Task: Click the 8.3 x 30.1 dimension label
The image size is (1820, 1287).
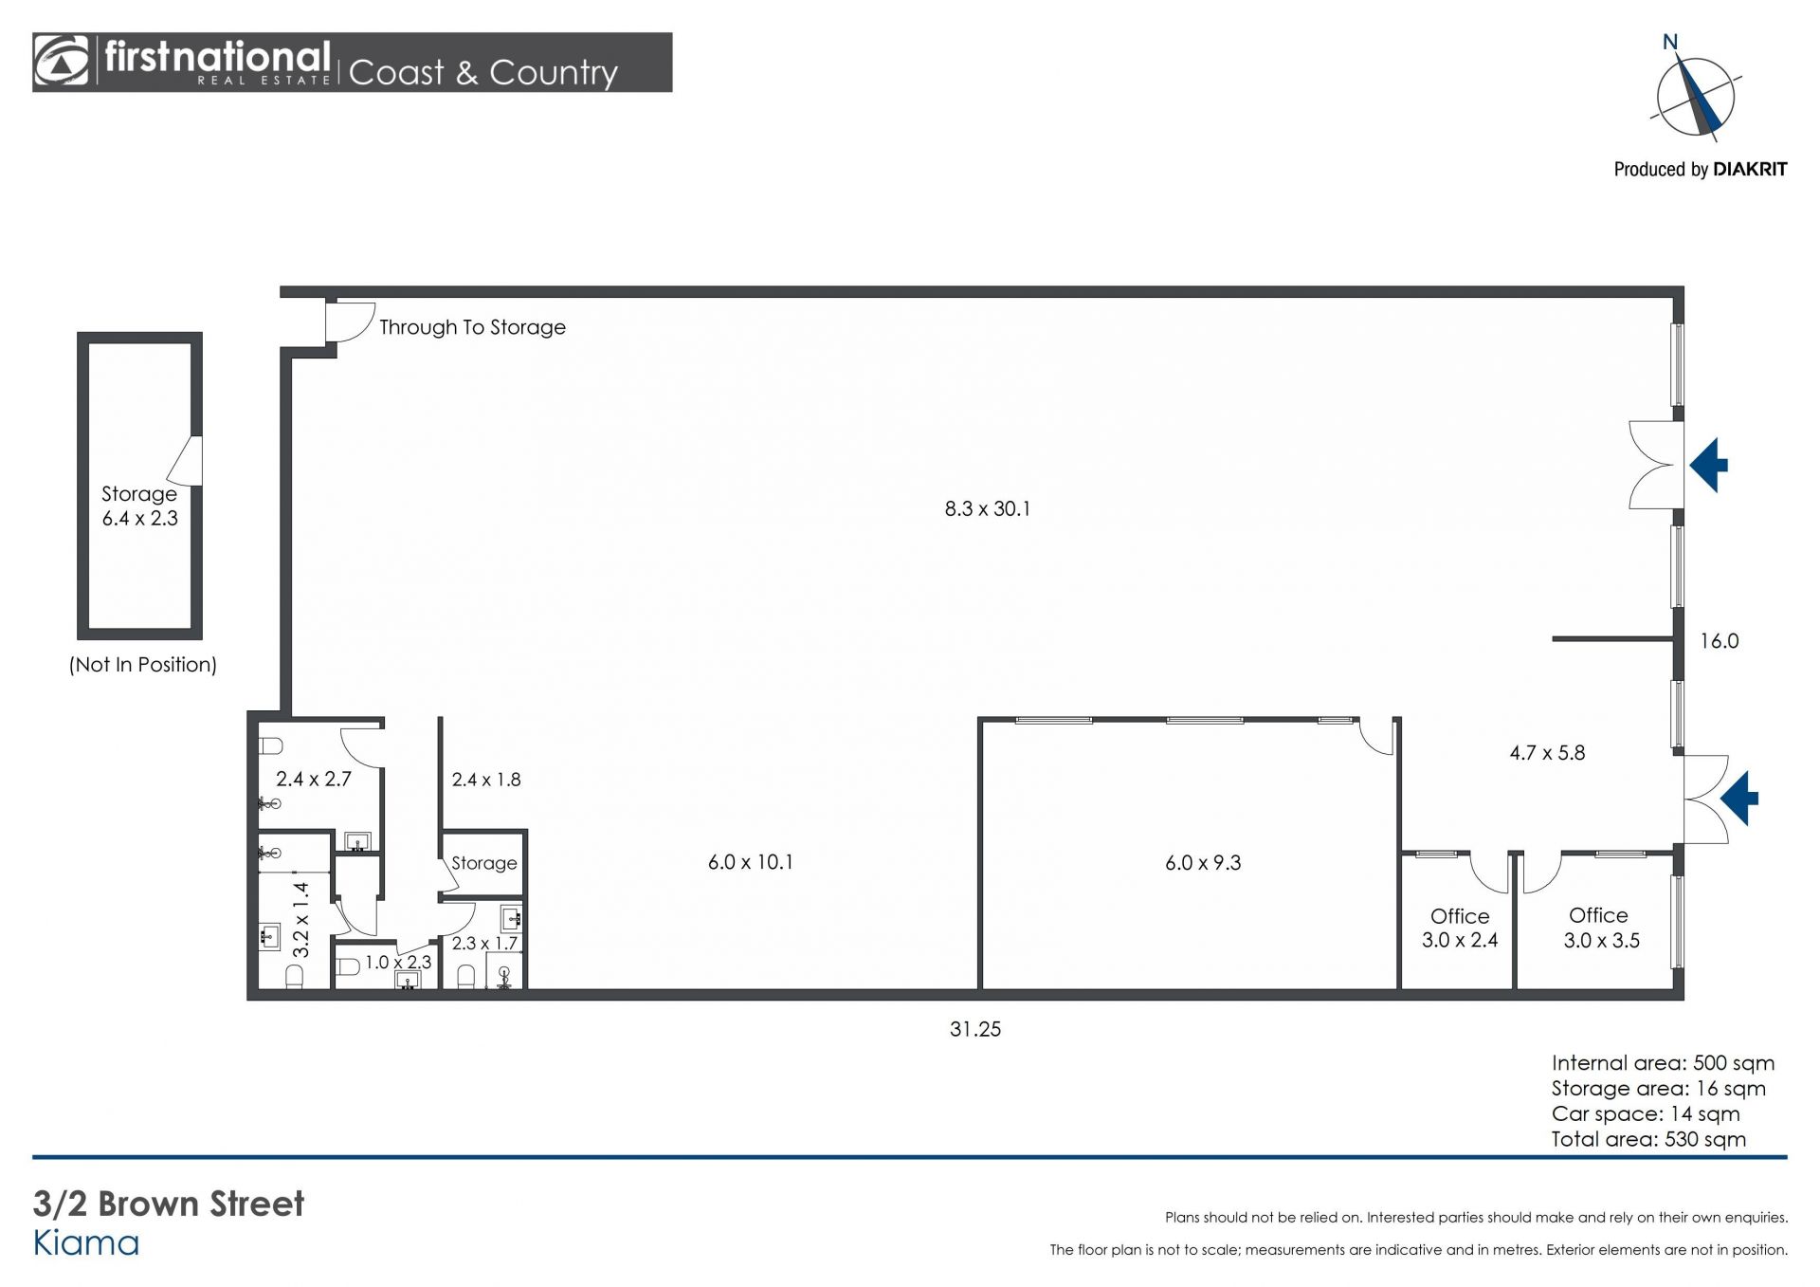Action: pyautogui.click(x=987, y=508)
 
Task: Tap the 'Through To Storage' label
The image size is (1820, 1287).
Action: pyautogui.click(x=472, y=327)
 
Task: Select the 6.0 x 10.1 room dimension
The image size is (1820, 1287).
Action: pyautogui.click(x=750, y=862)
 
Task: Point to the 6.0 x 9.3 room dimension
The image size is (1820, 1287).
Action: pyautogui.click(x=1203, y=863)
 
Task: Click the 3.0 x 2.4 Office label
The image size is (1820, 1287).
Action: pyautogui.click(x=1460, y=928)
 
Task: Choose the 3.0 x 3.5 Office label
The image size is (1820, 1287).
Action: pyautogui.click(x=1601, y=928)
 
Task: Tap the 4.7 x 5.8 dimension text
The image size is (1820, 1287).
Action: pyautogui.click(x=1547, y=753)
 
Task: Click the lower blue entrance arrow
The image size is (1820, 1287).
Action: pyautogui.click(x=1739, y=798)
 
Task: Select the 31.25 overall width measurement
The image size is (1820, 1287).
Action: pyautogui.click(x=975, y=1029)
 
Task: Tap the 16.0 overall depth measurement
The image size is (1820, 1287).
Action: pyautogui.click(x=1719, y=641)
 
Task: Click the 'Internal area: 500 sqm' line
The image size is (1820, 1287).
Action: pyautogui.click(x=1663, y=1063)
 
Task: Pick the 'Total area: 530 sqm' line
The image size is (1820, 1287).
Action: pyautogui.click(x=1648, y=1139)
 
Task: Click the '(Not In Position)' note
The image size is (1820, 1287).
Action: pyautogui.click(x=143, y=665)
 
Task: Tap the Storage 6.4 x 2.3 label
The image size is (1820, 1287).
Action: pyautogui.click(x=139, y=506)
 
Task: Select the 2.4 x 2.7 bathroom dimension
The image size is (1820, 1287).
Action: pyautogui.click(x=314, y=780)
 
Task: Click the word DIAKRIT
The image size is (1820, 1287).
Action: pyautogui.click(x=1750, y=170)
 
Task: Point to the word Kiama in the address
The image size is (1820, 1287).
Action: pyautogui.click(x=86, y=1243)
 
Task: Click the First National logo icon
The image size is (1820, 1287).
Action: pyautogui.click(x=62, y=62)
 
